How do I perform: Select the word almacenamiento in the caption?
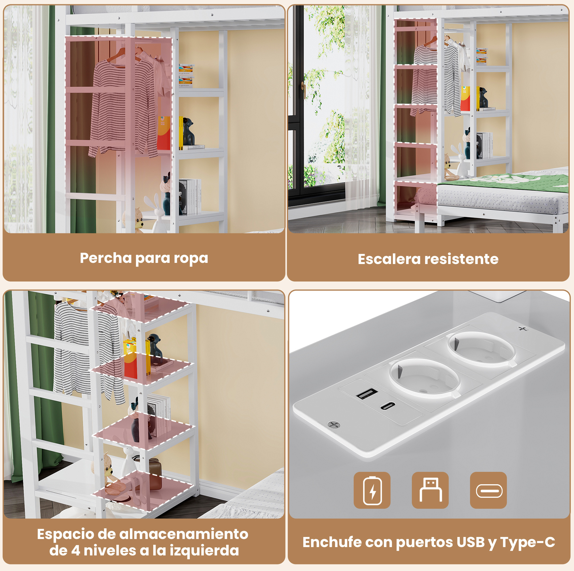tap(184, 534)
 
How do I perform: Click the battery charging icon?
tap(372, 490)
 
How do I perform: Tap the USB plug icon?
tap(430, 490)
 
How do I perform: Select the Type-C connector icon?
tap(488, 490)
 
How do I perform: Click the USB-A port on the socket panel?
tap(367, 393)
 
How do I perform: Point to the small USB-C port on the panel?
tap(388, 405)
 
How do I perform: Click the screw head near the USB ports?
tap(333, 425)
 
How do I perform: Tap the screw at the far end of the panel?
tap(523, 329)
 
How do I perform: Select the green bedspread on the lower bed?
tap(505, 181)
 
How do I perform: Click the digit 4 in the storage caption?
tap(75, 551)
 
